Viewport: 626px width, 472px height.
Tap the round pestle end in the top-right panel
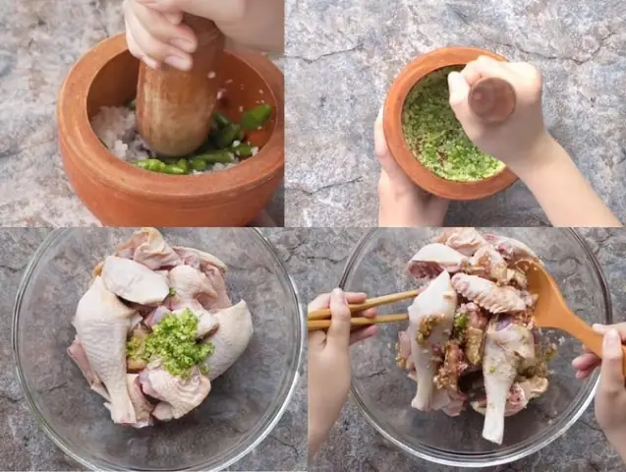pos(491,99)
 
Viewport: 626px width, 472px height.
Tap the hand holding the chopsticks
pos(329,324)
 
